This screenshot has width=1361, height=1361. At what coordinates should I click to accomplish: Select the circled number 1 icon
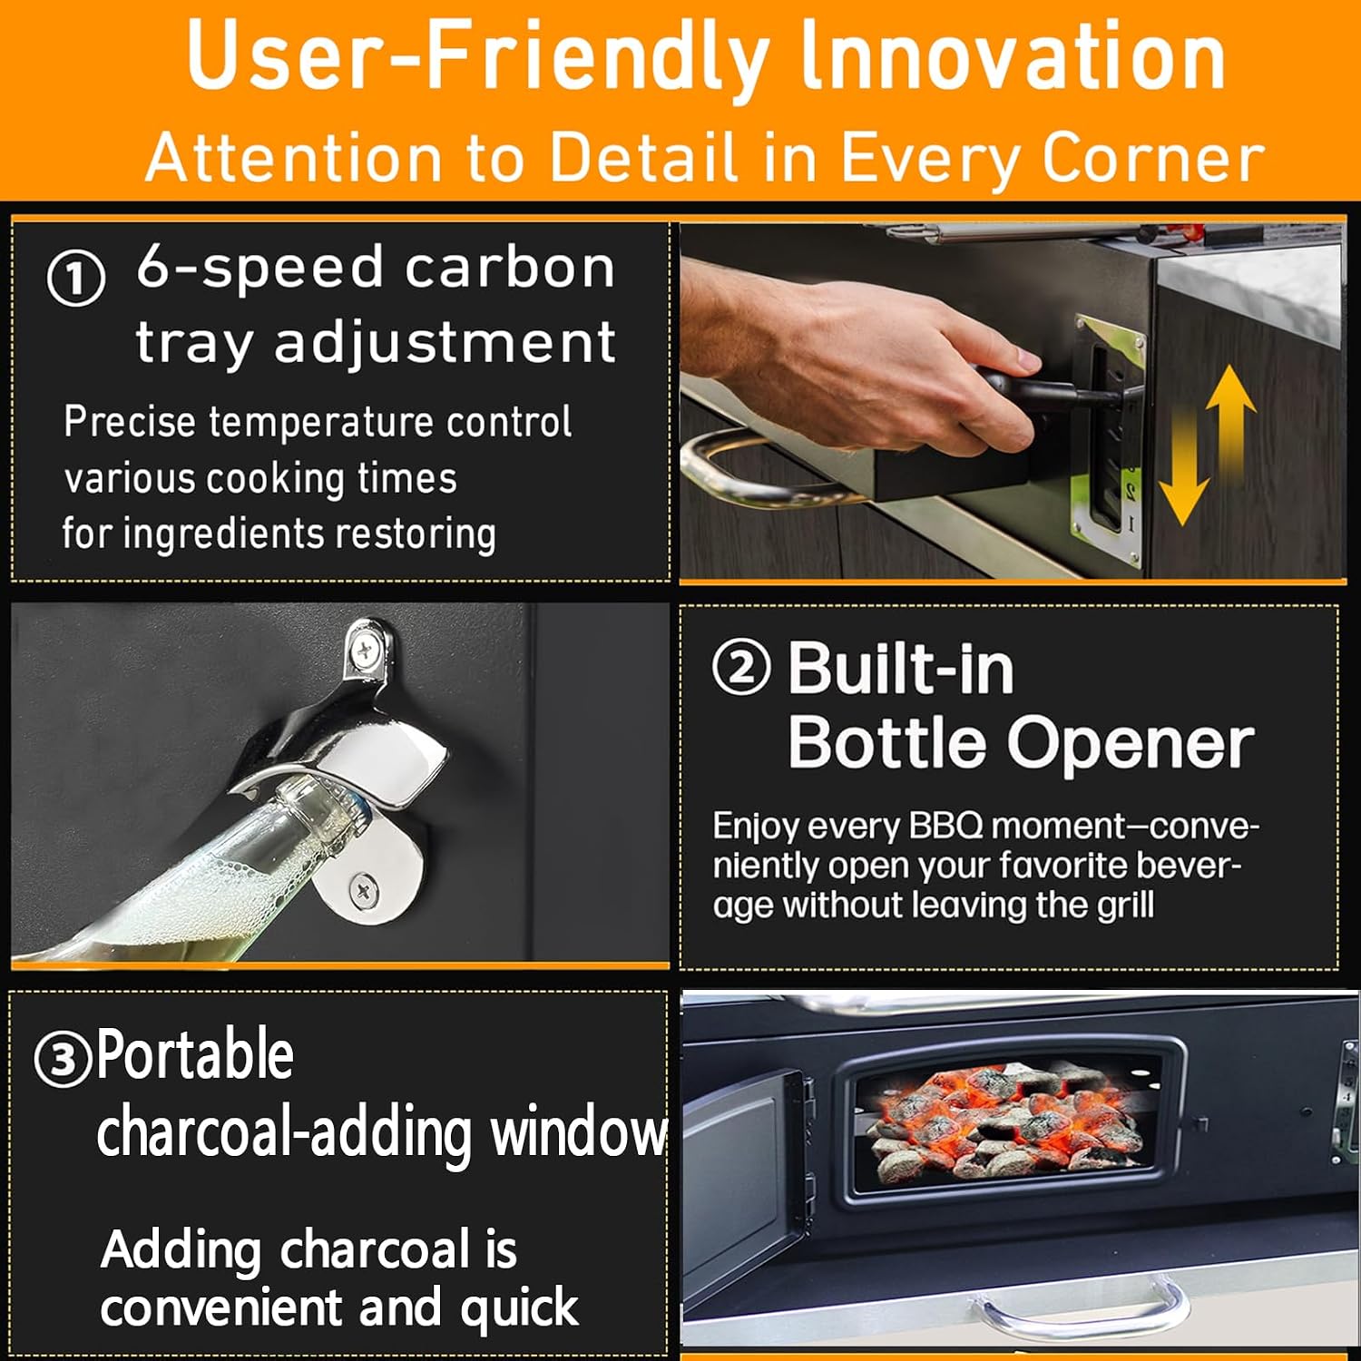tap(76, 279)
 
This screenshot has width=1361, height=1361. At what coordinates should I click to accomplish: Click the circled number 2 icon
tap(742, 667)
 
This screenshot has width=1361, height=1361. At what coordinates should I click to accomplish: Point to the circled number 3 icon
tap(63, 1059)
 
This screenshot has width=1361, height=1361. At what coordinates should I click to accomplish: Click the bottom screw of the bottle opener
tap(363, 890)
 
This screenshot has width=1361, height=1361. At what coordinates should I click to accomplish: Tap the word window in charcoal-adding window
tap(579, 1132)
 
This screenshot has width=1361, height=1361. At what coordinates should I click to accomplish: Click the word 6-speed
tap(260, 269)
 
